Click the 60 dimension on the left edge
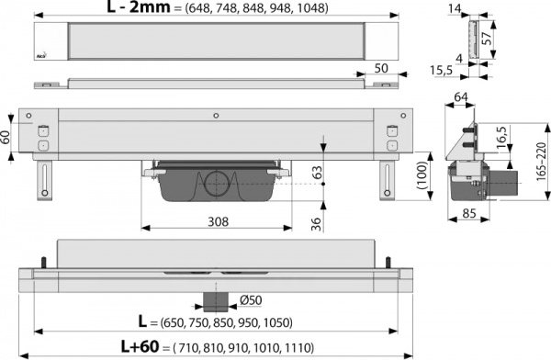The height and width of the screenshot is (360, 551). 6,137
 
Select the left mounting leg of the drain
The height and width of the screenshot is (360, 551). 43,177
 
